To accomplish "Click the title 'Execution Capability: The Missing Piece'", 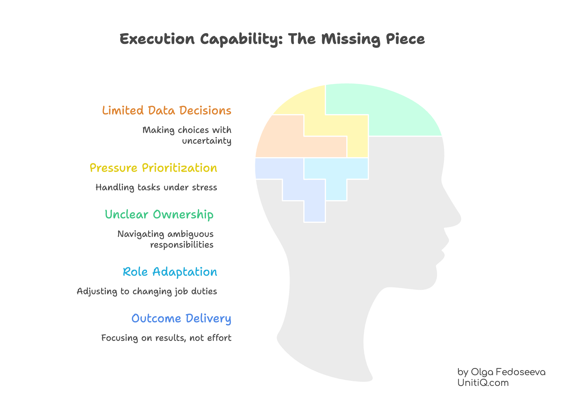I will (272, 39).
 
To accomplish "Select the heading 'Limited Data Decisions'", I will (167, 111).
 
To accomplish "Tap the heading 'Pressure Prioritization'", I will (153, 168).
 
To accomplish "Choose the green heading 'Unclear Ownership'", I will (159, 214).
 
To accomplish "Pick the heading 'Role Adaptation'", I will (170, 272).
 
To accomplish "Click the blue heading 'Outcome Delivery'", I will (181, 318).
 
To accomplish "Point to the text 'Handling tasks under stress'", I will (156, 187).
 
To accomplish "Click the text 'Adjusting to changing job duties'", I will (147, 291).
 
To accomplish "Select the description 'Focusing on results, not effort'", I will (166, 338).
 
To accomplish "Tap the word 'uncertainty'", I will (207, 141).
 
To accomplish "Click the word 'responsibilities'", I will (182, 245).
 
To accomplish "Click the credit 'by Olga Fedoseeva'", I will (501, 372).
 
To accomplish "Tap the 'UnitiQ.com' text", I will (483, 383).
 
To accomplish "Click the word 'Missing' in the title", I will (350, 39).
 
